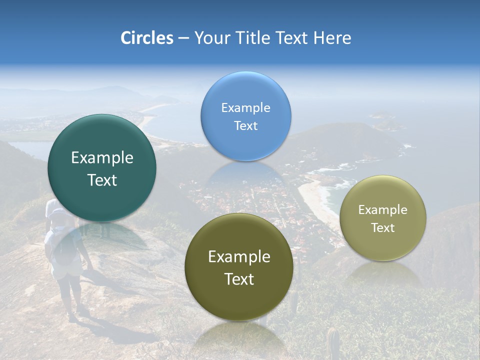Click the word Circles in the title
click(146, 38)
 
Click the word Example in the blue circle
click(245, 107)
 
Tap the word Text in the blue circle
click(245, 125)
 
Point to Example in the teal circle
click(102, 158)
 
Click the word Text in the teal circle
click(102, 180)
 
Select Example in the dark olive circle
click(239, 256)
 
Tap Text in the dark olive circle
click(239, 279)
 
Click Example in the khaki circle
click(383, 209)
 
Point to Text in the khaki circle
click(383, 228)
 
